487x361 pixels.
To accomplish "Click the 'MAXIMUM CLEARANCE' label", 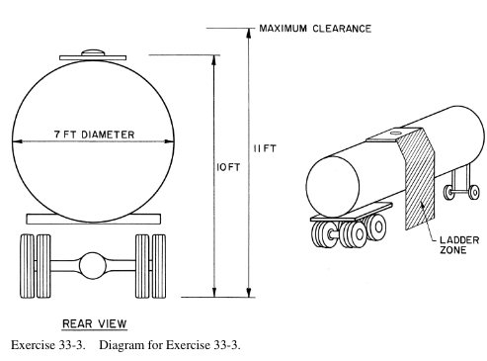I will (x=315, y=29).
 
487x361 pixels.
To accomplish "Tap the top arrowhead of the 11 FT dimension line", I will (x=249, y=33).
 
